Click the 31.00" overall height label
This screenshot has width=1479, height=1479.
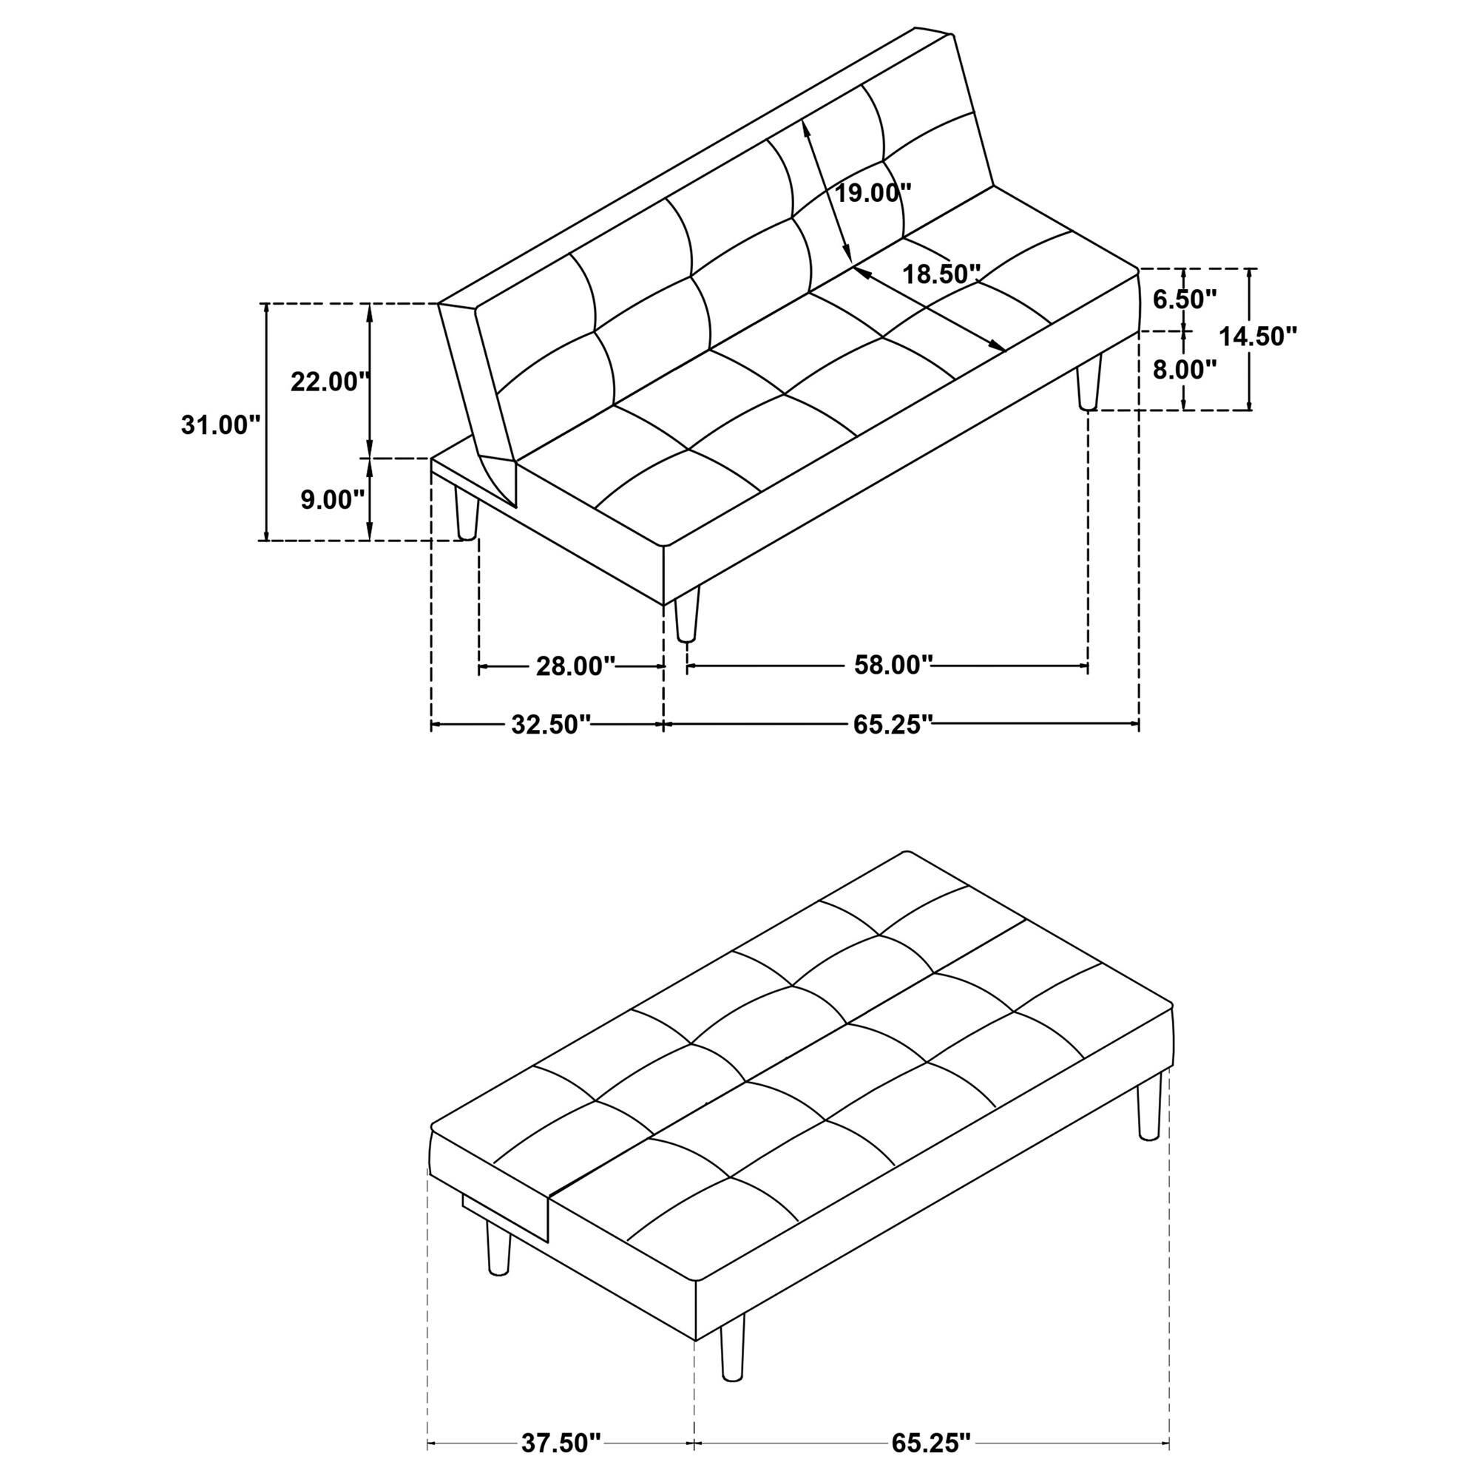[x=221, y=425]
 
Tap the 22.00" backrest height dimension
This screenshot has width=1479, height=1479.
[x=330, y=382]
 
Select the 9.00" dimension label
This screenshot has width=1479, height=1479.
[x=332, y=500]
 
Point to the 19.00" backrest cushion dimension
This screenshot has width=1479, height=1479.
[x=873, y=192]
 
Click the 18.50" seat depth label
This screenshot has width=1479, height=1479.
[x=941, y=274]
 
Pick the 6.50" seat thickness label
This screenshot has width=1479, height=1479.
[x=1184, y=299]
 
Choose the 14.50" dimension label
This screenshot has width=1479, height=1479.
[x=1259, y=336]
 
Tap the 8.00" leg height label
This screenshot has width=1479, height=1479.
[x=1184, y=370]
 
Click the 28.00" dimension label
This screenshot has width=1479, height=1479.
[x=575, y=666]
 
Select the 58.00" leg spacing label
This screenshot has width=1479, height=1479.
[x=893, y=665]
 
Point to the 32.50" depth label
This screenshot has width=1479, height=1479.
[x=551, y=724]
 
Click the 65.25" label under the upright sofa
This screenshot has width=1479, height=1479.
[x=893, y=724]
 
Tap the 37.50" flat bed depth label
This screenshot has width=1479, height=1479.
[x=561, y=1444]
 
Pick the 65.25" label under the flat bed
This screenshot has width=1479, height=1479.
[x=931, y=1444]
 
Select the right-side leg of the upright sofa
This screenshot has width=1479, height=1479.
[x=1089, y=382]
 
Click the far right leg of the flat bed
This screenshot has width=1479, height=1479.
[x=1149, y=1106]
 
